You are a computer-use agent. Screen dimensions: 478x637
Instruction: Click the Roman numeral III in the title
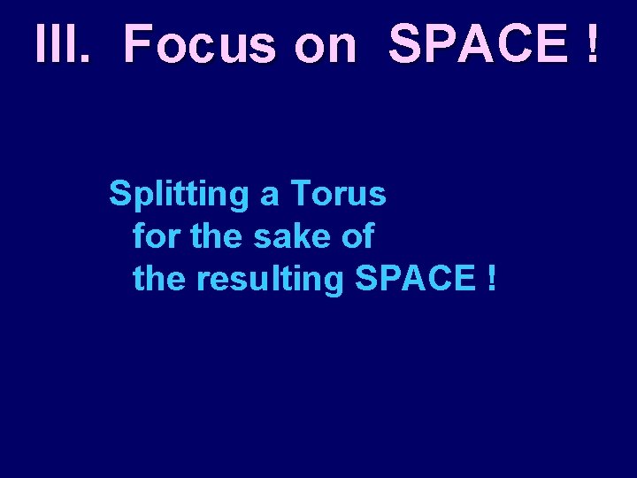(x=54, y=44)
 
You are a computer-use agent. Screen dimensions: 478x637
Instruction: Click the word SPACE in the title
(x=477, y=44)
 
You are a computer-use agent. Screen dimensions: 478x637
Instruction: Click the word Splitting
(x=180, y=194)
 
